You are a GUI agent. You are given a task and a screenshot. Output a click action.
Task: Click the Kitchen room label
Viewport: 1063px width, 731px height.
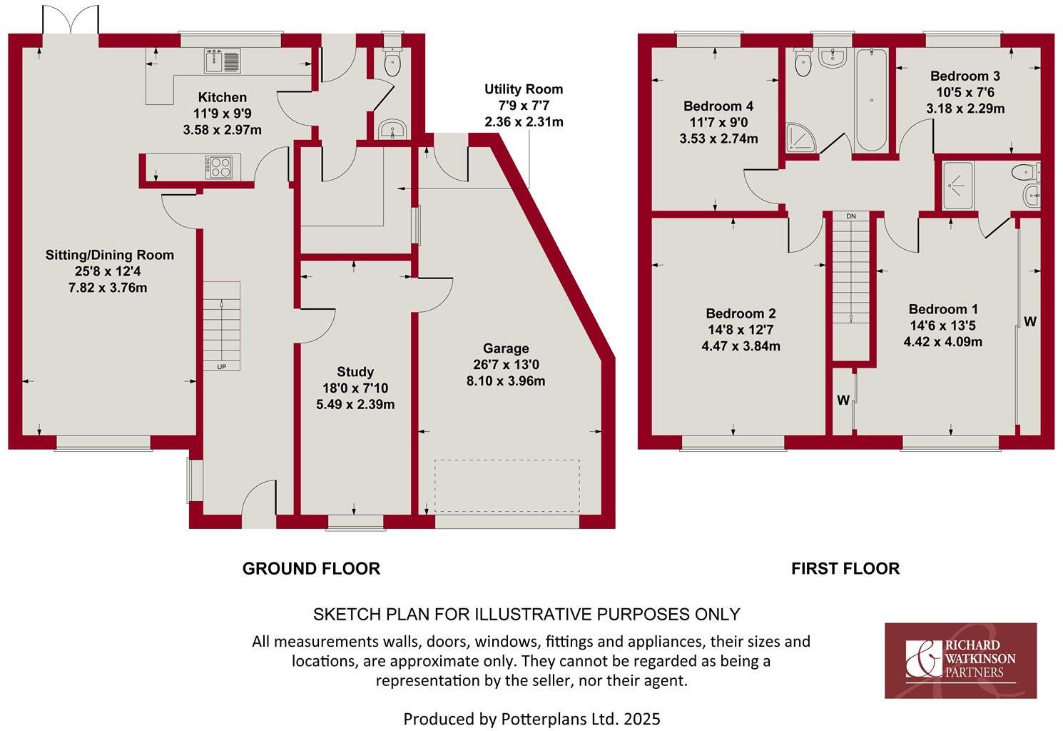coord(222,97)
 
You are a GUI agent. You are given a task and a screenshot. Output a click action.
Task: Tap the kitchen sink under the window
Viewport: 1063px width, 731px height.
coord(223,61)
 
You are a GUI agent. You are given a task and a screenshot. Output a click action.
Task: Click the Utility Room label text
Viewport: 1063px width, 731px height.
coord(524,89)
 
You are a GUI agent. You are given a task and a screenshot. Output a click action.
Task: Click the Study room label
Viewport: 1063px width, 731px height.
coord(355,372)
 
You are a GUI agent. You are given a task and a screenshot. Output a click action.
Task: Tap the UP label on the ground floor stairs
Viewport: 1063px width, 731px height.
coord(222,366)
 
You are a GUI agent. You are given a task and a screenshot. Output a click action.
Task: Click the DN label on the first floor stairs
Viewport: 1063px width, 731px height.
coord(850,216)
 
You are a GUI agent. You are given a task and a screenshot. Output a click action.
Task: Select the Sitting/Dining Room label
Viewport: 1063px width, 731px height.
coord(110,255)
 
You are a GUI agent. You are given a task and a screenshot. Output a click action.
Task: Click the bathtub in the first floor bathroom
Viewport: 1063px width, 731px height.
coord(871,100)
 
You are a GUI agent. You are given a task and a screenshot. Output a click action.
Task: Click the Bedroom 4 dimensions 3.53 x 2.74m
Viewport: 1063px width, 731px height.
coord(718,139)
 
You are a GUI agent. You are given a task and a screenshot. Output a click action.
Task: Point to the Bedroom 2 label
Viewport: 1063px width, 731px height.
coord(741,313)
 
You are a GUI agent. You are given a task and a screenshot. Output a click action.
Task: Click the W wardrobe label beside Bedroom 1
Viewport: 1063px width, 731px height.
coord(1029,322)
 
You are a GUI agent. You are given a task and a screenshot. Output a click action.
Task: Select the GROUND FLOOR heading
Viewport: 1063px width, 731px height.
coord(311,568)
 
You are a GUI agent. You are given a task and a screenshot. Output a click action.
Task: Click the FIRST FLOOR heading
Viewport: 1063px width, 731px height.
coord(845,568)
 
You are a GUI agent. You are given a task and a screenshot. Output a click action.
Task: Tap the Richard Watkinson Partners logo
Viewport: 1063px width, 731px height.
coord(960,660)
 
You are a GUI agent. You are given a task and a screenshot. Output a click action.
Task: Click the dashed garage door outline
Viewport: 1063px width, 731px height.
coord(507,486)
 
